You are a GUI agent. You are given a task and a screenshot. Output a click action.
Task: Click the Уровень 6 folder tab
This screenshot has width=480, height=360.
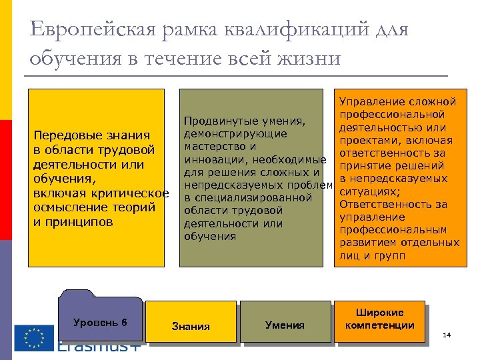pos(100,323)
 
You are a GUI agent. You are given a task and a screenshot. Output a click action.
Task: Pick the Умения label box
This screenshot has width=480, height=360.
pos(285,325)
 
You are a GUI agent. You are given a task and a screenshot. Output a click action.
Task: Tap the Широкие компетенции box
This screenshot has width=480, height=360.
pos(379,319)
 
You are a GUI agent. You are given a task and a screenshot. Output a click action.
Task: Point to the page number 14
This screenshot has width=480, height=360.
pos(447,335)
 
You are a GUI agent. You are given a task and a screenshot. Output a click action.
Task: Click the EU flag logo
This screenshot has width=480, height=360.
pos(34,337)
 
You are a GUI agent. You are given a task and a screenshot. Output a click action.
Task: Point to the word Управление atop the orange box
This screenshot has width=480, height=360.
pos(370,102)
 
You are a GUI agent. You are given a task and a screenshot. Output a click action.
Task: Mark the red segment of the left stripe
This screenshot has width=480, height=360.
pos(5,180)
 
